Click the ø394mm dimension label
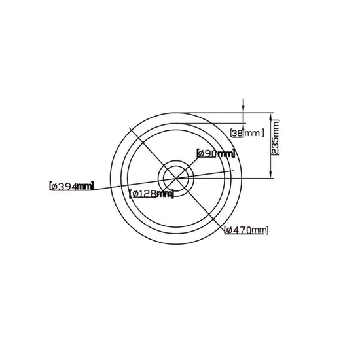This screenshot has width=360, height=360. tap(71, 186)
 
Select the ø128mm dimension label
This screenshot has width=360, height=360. tap(152, 194)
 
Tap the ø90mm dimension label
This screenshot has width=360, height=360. tap(216, 154)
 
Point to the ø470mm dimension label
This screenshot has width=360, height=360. tap(246, 230)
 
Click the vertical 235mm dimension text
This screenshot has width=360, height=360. tap(275, 137)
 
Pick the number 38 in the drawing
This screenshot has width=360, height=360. tap(238, 133)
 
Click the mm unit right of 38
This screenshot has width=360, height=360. tap(253, 134)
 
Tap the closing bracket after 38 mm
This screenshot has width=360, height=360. tap(263, 133)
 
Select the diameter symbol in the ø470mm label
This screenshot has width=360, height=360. tap(229, 230)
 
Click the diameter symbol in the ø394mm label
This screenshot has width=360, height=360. tap(54, 186)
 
